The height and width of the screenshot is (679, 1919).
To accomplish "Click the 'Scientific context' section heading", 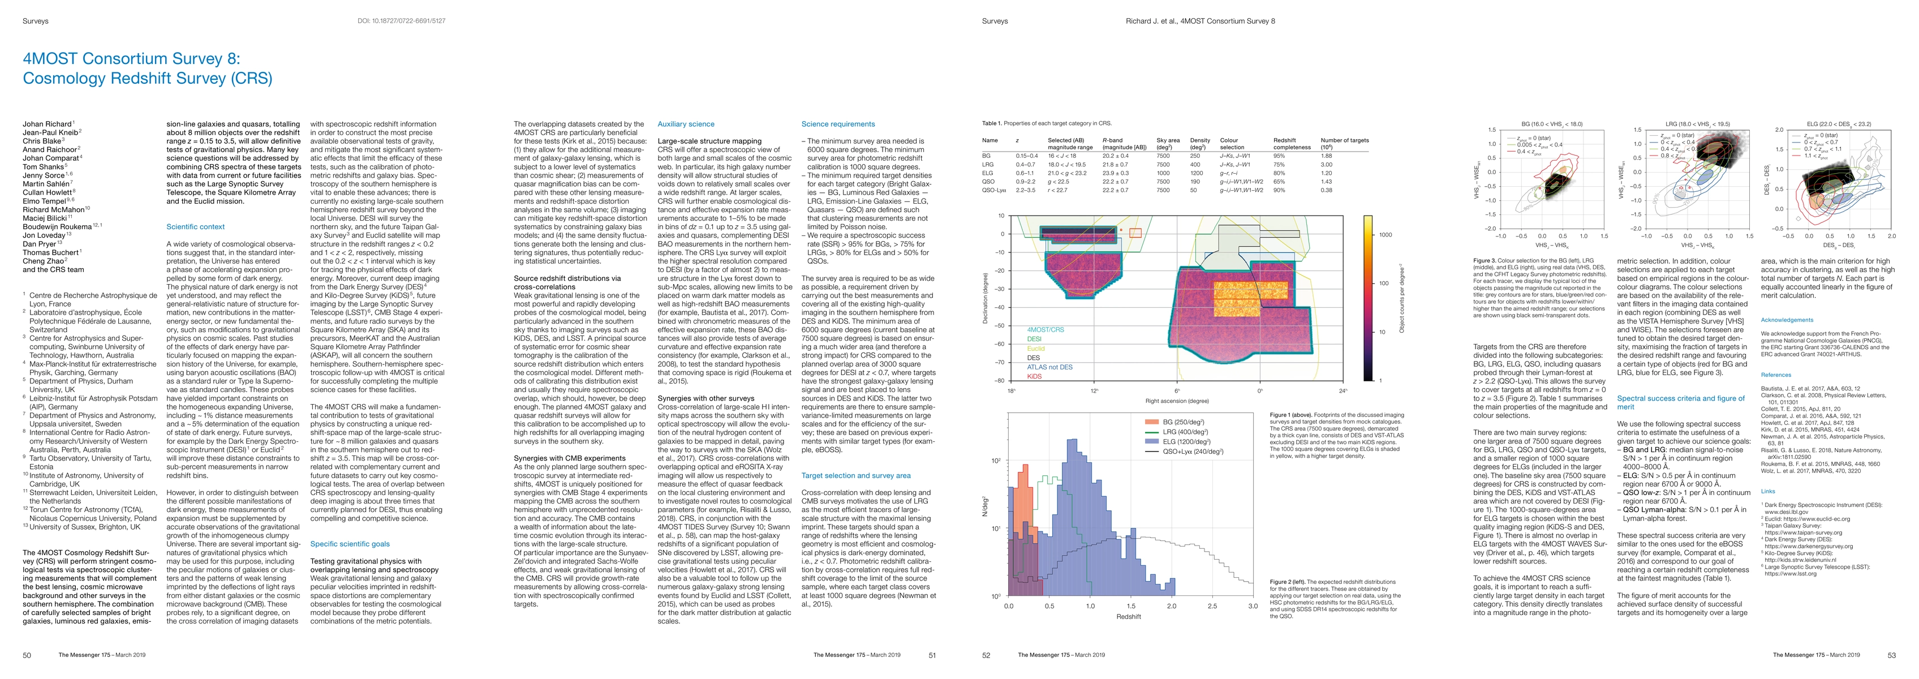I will [195, 226].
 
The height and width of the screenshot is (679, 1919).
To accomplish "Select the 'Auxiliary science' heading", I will [685, 124].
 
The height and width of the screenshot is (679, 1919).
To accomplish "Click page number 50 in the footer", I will [27, 655].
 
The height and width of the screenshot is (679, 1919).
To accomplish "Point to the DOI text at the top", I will [402, 21].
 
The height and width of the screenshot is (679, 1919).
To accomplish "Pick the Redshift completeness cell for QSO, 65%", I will [1279, 182].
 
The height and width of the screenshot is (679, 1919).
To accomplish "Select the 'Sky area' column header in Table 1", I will [1167, 140].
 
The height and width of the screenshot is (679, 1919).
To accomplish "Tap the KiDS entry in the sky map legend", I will [1034, 376].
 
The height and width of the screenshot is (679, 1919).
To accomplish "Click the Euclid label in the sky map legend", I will [1035, 348].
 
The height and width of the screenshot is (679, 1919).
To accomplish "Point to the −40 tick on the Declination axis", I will [1000, 307].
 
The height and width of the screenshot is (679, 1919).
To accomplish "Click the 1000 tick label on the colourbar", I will [1385, 235].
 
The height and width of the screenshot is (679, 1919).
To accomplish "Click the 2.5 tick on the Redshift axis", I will [1212, 606].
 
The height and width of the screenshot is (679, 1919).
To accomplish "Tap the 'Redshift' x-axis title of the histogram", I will [1129, 616].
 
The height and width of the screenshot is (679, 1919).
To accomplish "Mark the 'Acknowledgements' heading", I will [1787, 320].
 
